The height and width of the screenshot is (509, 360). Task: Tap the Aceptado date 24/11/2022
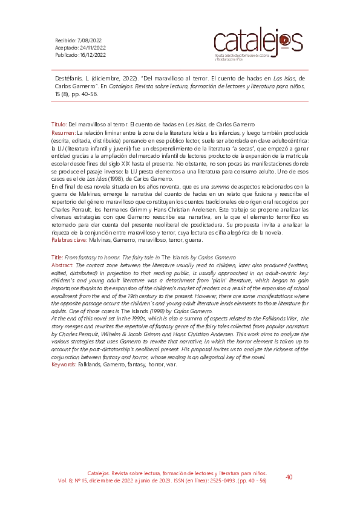(x=93, y=47)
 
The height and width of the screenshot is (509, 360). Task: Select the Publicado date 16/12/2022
(x=93, y=54)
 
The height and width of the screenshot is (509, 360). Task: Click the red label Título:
(x=58, y=123)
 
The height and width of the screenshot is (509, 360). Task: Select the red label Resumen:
(x=63, y=132)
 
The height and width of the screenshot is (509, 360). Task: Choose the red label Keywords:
(x=64, y=364)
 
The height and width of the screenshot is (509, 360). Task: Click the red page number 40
(x=289, y=477)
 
